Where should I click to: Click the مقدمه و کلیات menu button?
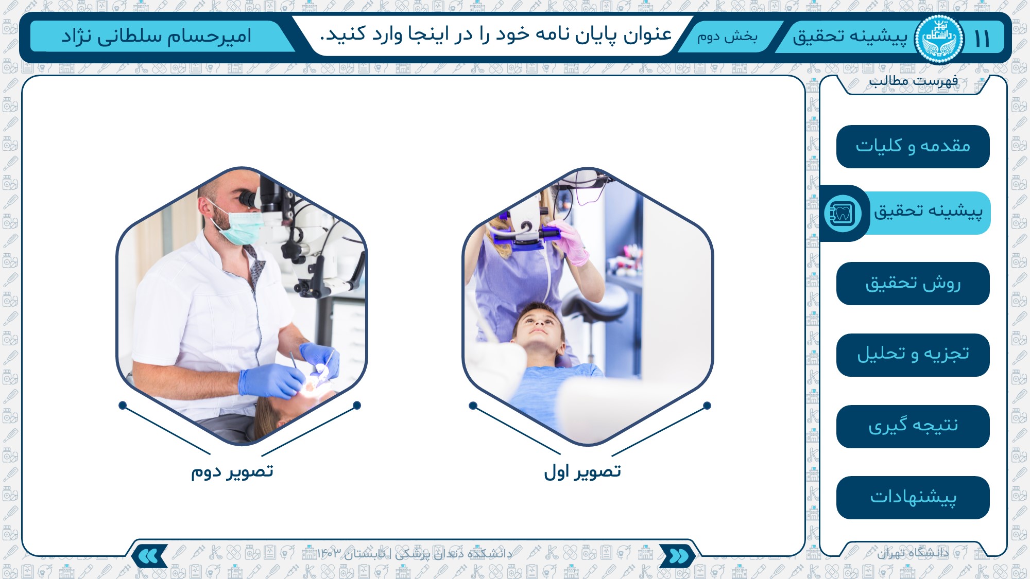click(913, 147)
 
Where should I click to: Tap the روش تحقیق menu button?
click(913, 284)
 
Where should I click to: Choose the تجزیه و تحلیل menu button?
click(913, 355)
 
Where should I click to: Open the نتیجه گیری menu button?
click(913, 427)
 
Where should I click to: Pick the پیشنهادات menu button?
click(913, 498)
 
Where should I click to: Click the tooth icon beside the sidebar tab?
click(842, 213)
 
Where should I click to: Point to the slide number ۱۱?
click(982, 39)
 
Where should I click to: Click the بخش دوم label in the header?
click(727, 37)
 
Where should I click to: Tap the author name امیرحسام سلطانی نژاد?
click(157, 36)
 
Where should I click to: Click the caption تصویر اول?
click(582, 471)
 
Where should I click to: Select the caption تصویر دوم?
click(232, 471)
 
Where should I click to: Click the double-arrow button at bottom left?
click(149, 556)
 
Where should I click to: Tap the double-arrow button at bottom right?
click(678, 556)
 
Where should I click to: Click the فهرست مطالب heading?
click(914, 81)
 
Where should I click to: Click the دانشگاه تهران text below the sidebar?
click(913, 553)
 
